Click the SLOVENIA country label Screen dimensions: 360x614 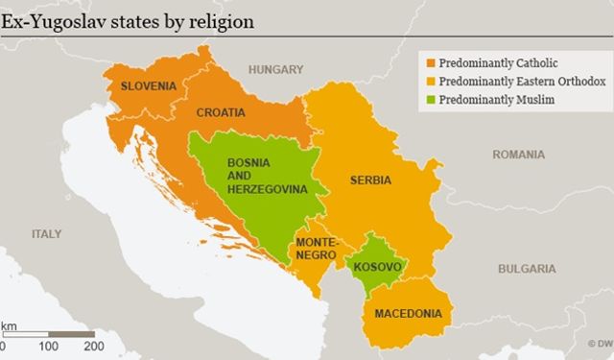148,85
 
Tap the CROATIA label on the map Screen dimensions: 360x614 221,112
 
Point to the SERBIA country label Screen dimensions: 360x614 369,180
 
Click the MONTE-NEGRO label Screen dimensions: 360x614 316,250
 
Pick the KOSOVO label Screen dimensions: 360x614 377,266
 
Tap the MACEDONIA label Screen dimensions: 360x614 408,314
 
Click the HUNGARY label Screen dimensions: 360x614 275,69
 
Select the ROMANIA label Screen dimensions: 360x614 518,154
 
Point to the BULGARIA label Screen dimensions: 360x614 527,269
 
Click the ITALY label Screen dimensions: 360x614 46,233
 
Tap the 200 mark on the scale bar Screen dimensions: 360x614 93,346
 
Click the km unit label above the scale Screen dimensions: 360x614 9,326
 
